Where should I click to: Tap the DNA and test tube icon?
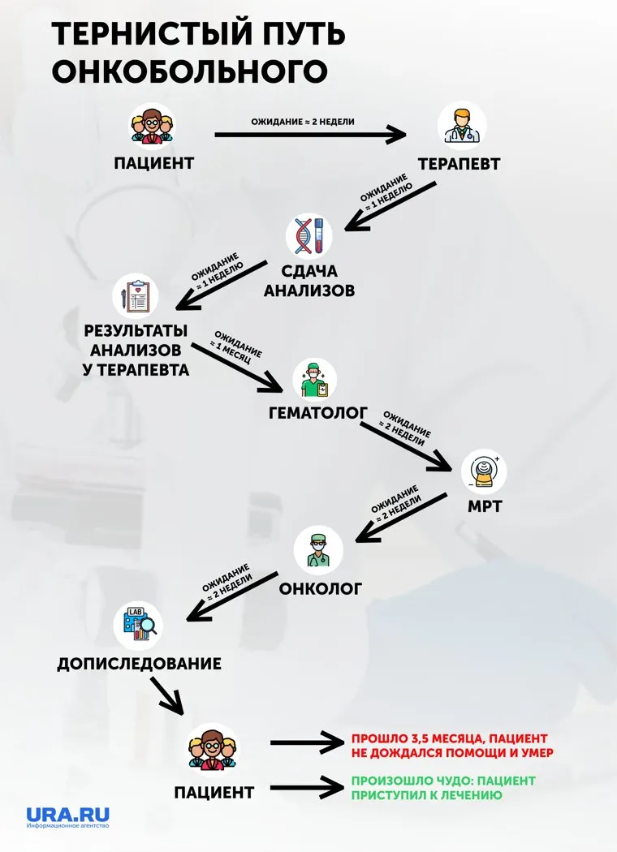pyautogui.click(x=309, y=235)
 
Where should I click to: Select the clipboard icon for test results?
pyautogui.click(x=136, y=297)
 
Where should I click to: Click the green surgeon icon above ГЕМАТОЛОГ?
pyautogui.click(x=314, y=379)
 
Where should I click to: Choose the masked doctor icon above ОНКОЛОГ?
pyautogui.click(x=318, y=549)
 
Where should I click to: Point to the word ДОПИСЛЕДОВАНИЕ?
pyautogui.click(x=139, y=664)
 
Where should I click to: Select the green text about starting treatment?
pyautogui.click(x=442, y=788)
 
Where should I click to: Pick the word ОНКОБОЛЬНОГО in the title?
pyautogui.click(x=190, y=71)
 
